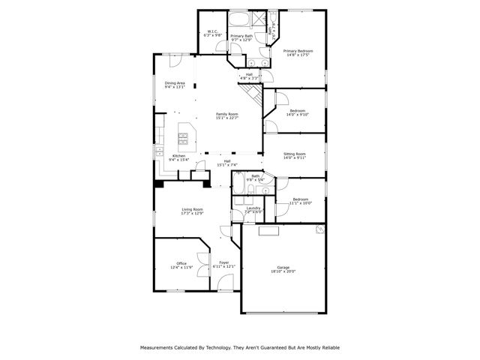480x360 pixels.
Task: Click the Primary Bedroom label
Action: (x=298, y=51)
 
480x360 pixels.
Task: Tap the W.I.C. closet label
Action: (x=213, y=31)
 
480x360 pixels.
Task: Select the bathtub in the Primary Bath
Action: (x=240, y=20)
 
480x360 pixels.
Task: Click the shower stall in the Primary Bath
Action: (x=258, y=19)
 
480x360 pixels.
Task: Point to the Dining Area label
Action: (x=175, y=82)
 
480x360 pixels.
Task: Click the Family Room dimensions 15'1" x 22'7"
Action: (x=227, y=118)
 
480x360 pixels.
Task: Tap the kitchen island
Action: (x=184, y=136)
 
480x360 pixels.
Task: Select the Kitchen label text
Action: (x=169, y=155)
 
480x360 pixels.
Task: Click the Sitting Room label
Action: (x=295, y=154)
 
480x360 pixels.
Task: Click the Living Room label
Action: (x=192, y=209)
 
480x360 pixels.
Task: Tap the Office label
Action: (x=181, y=262)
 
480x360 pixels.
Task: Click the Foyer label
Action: (x=224, y=262)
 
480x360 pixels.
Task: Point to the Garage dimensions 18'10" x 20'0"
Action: (x=283, y=271)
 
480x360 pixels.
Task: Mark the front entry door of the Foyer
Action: (x=225, y=285)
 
